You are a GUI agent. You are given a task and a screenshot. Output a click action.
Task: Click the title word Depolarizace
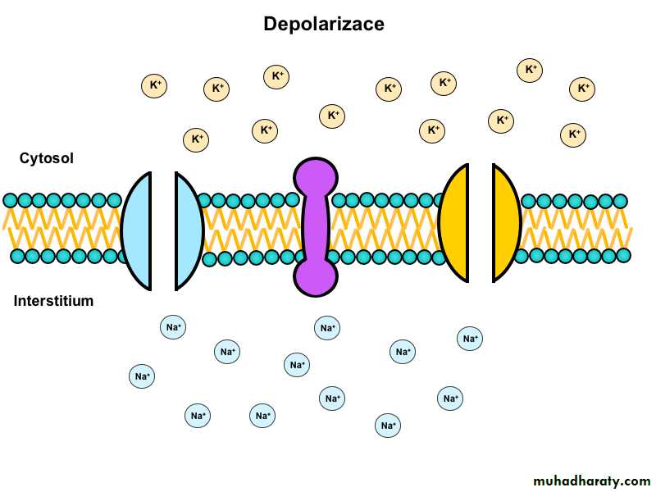click(323, 25)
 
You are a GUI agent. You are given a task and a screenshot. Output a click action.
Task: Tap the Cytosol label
click(47, 158)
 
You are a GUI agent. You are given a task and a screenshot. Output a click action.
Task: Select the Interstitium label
click(53, 301)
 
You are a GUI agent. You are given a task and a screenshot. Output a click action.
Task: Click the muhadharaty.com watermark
click(591, 481)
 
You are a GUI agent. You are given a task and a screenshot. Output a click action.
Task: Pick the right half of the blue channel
click(188, 231)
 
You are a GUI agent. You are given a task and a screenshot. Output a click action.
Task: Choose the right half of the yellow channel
click(505, 223)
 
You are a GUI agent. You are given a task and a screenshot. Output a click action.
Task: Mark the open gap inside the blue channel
click(163, 231)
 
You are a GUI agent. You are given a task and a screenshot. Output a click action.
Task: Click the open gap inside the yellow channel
click(481, 223)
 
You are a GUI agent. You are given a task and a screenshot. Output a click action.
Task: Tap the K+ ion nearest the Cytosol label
click(196, 139)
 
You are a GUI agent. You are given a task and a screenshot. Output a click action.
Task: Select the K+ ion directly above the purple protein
click(332, 116)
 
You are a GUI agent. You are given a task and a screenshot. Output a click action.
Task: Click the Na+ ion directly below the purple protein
click(327, 328)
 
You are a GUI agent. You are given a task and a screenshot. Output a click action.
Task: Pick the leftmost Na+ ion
click(142, 377)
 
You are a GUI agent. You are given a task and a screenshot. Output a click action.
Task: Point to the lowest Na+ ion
click(388, 426)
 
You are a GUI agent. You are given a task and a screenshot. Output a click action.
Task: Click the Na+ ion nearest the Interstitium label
click(173, 328)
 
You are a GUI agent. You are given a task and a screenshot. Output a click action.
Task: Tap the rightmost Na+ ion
click(470, 338)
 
